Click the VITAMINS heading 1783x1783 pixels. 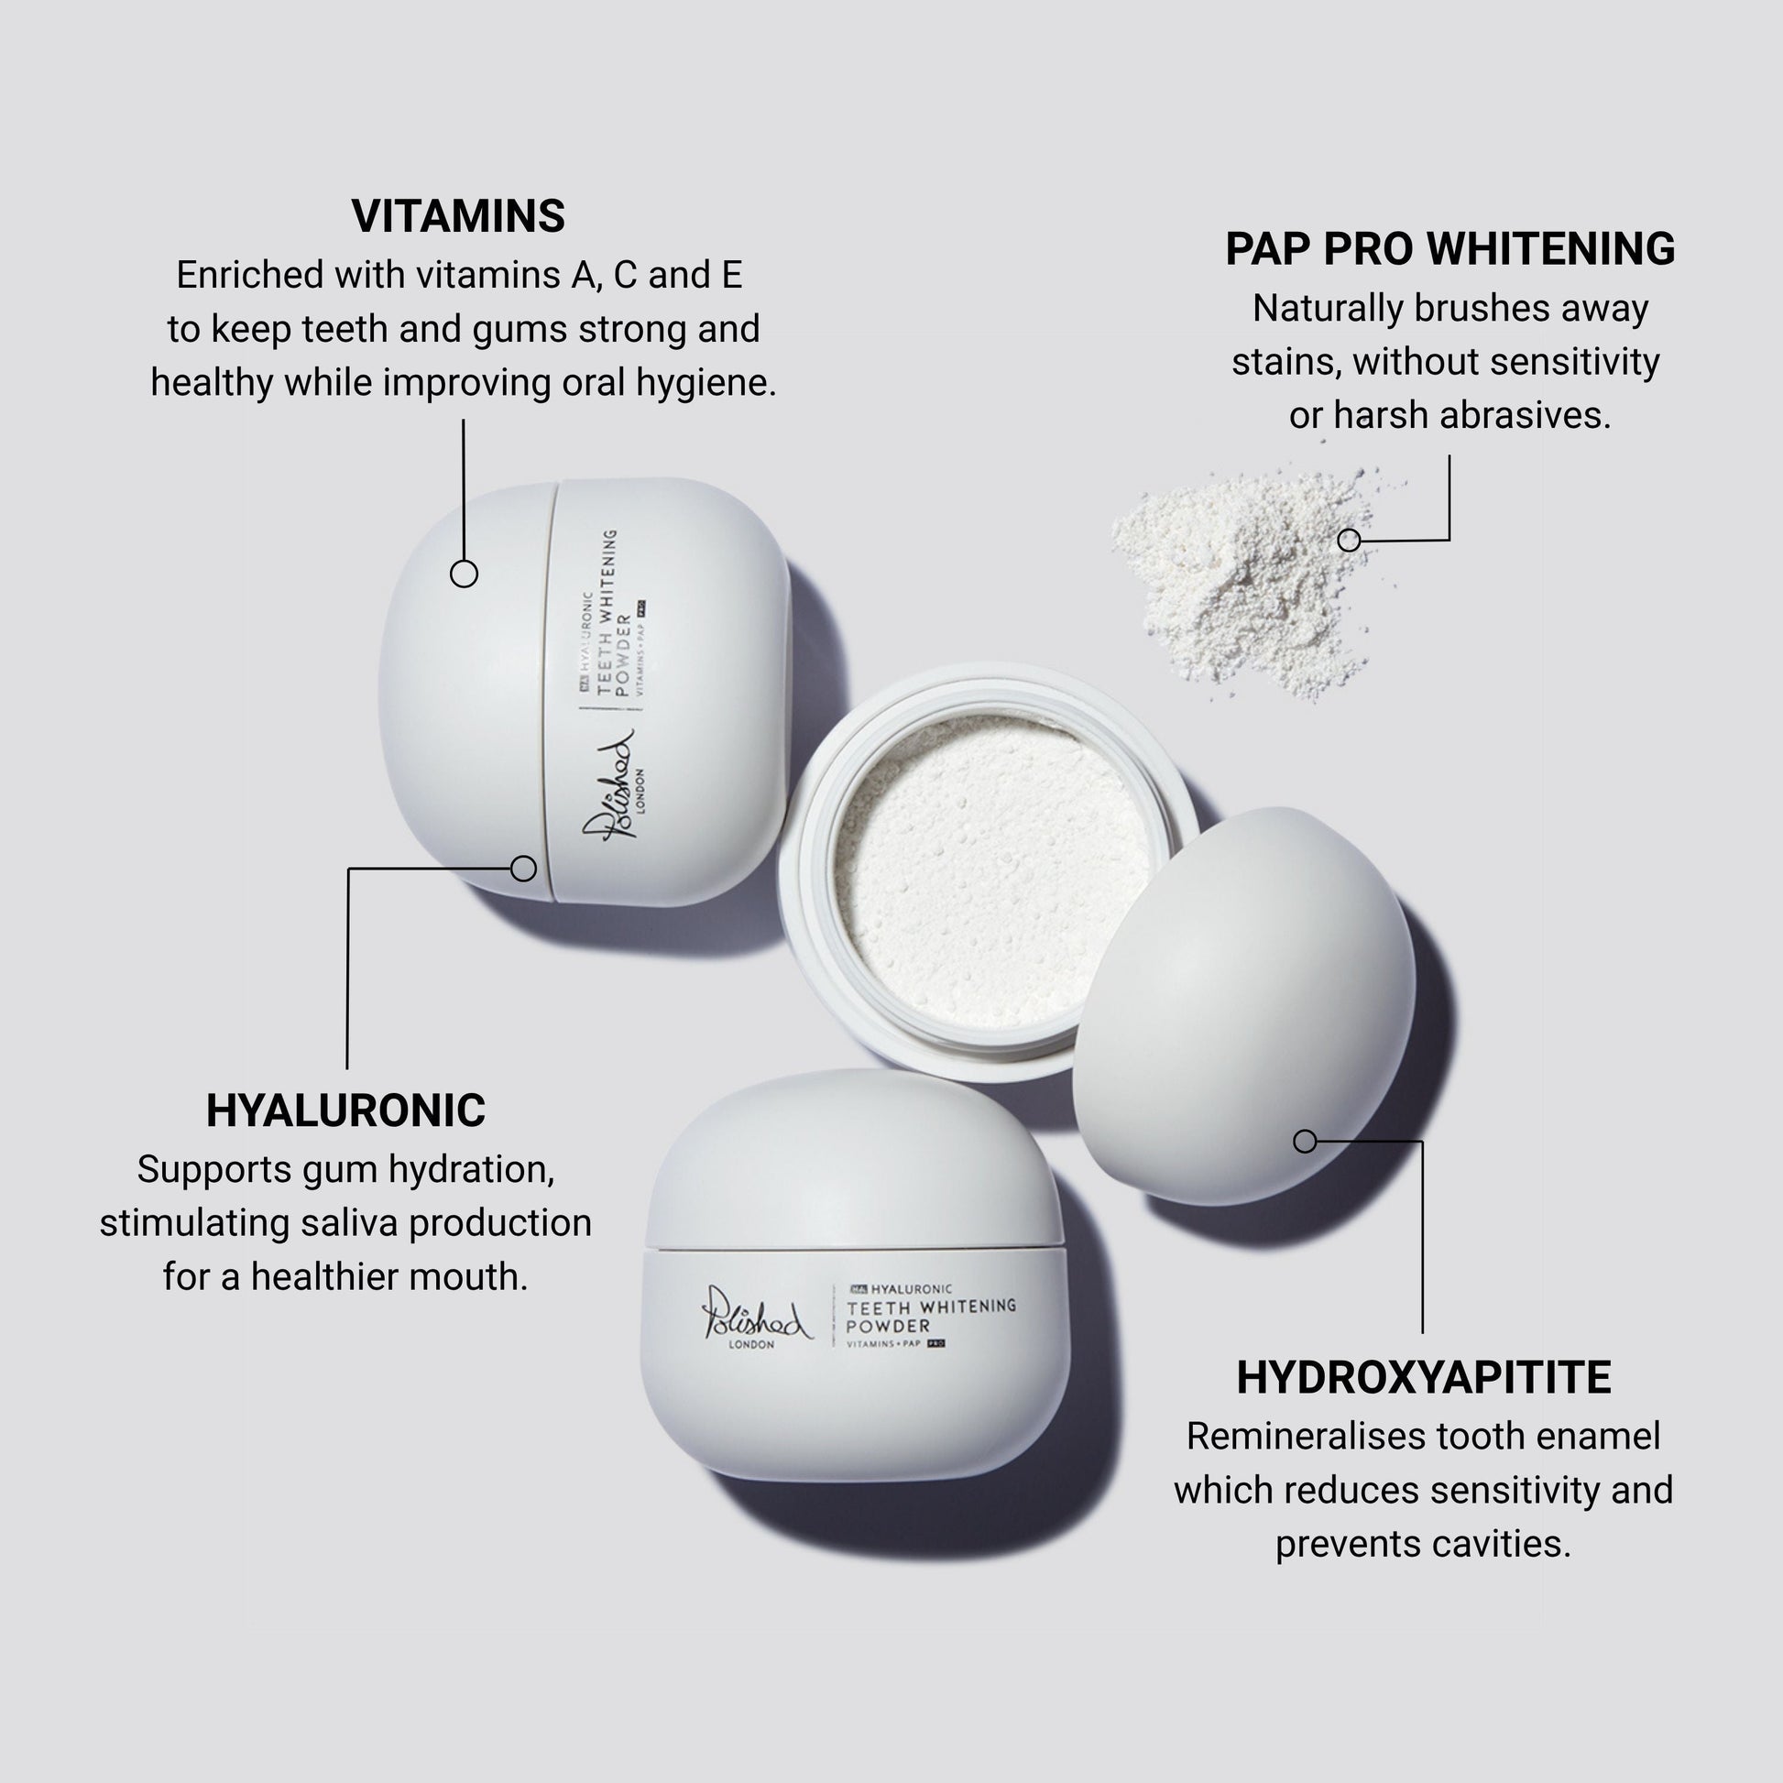click(x=458, y=216)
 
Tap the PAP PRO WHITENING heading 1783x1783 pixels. click(x=1449, y=249)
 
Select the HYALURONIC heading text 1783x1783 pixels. click(x=345, y=1110)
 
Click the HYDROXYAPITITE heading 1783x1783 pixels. click(x=1424, y=1378)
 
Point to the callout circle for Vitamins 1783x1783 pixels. click(x=464, y=574)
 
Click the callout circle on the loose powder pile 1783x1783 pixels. click(x=1350, y=540)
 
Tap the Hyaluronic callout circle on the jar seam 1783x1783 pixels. click(x=523, y=869)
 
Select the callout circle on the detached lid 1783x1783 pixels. click(x=1305, y=1142)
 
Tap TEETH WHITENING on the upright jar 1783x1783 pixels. click(x=931, y=1307)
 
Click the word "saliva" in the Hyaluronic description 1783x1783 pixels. click(x=350, y=1223)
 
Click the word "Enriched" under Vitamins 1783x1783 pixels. click(x=249, y=275)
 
